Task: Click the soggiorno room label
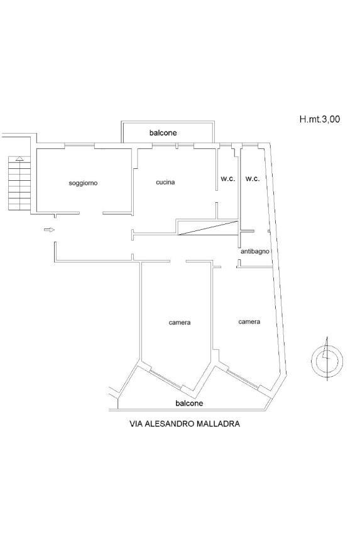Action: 83,183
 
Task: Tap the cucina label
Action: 165,182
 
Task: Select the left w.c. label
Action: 227,179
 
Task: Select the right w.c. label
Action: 253,179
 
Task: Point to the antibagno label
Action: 255,251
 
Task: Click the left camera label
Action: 180,323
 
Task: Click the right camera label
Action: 249,321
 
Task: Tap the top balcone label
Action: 163,132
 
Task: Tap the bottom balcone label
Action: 189,403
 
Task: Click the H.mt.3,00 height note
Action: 320,119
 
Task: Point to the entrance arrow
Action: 49,230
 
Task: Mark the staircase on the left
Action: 19,183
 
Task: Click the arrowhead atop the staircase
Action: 19,158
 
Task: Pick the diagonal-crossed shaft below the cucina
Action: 208,228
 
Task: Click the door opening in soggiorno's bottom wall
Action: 91,213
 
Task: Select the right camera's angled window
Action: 243,379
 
